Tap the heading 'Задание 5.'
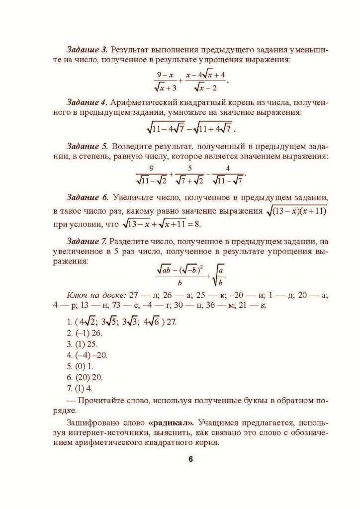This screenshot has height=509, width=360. click(87, 147)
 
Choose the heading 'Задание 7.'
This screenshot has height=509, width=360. click(87, 241)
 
